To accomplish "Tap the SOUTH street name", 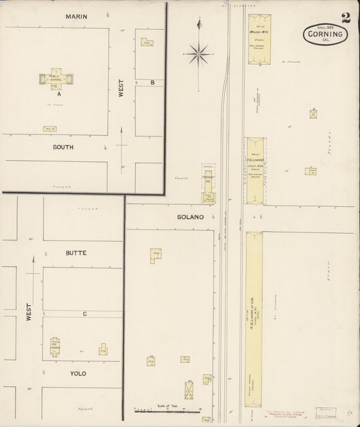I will point(63,147).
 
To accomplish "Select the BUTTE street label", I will point(76,253).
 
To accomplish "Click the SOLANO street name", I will point(190,217).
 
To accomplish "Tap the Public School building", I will point(55,78).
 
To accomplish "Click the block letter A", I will point(59,94).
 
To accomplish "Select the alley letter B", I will point(153,82).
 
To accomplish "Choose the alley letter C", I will point(84,313).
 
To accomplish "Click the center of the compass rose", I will point(199,53).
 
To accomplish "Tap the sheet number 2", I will point(345,18).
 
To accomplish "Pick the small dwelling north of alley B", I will point(147,42).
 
